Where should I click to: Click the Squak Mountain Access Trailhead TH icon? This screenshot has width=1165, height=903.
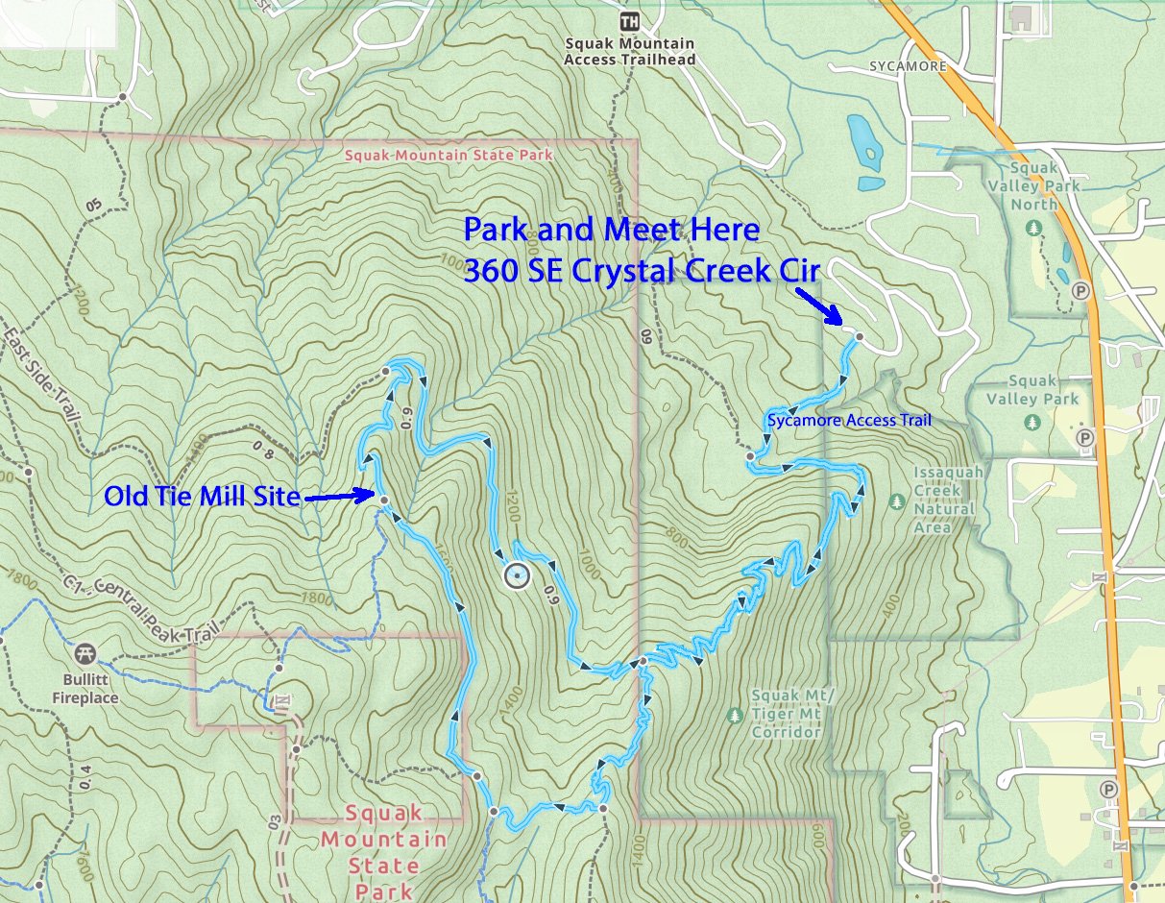[x=630, y=21]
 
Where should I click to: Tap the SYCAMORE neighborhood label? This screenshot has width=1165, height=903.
[x=907, y=66]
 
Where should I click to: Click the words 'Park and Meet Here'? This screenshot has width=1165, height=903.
[x=611, y=231]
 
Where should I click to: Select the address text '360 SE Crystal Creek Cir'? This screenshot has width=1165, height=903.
[x=641, y=271]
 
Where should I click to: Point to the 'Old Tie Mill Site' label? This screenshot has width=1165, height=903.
[x=202, y=497]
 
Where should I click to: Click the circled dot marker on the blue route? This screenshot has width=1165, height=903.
[x=516, y=575]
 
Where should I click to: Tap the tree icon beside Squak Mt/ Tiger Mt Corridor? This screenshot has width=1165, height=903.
[x=736, y=716]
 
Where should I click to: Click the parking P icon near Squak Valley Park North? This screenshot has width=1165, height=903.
[x=1082, y=290]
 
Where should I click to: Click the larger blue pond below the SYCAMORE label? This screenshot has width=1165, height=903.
[x=863, y=135]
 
